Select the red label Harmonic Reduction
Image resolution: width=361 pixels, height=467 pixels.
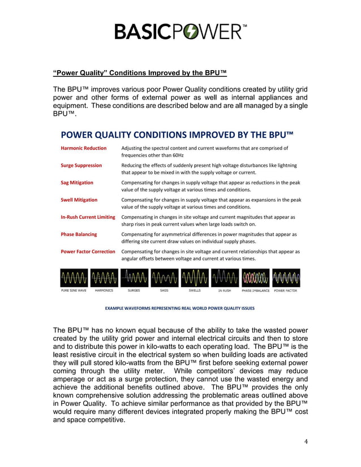click(x=83, y=148)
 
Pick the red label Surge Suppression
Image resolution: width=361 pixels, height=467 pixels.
click(x=81, y=165)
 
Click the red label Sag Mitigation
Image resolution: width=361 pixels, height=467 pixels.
click(x=77, y=183)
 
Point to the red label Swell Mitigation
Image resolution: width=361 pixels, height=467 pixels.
click(x=79, y=200)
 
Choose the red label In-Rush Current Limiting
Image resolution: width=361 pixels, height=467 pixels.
click(x=88, y=217)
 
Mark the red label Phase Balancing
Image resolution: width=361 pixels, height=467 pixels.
click(x=79, y=234)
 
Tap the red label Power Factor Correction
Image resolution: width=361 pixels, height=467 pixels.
click(x=88, y=252)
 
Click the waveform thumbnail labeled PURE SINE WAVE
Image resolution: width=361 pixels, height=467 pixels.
click(x=74, y=278)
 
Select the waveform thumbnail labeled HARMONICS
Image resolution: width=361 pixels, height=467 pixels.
click(x=104, y=278)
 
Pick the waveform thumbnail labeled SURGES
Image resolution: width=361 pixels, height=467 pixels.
click(x=134, y=278)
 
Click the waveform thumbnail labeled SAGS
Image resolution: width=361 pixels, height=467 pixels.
click(x=164, y=278)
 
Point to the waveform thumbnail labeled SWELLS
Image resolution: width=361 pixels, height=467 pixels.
click(x=195, y=278)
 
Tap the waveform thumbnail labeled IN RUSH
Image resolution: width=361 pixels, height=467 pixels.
click(x=225, y=278)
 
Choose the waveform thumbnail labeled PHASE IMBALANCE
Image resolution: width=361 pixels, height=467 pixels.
click(x=255, y=278)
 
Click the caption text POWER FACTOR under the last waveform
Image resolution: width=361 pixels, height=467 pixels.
click(x=286, y=291)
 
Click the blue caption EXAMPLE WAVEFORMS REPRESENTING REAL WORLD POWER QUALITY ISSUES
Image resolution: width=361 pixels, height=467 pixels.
click(x=180, y=308)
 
